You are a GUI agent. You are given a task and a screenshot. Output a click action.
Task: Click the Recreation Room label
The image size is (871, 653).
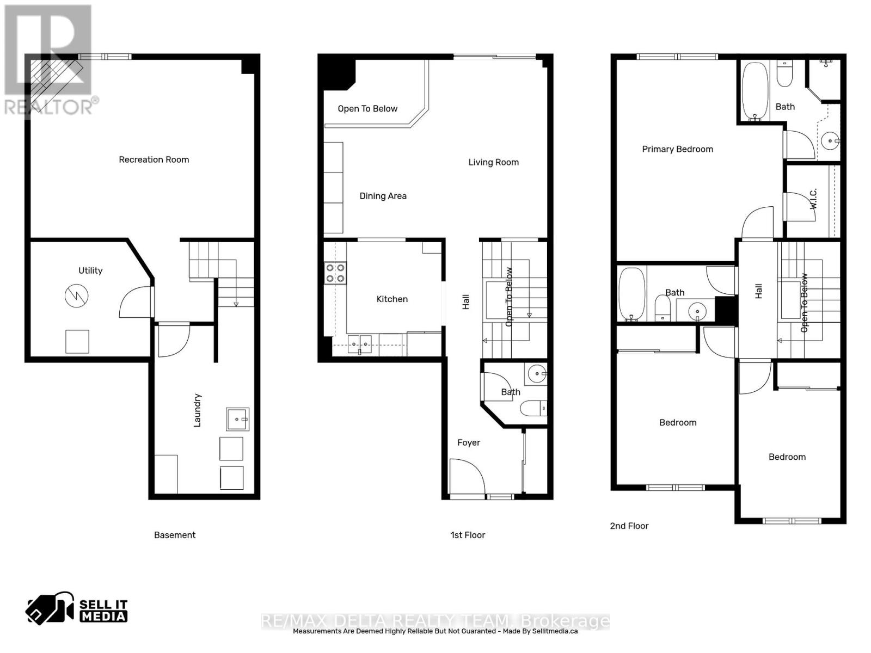pos(154,159)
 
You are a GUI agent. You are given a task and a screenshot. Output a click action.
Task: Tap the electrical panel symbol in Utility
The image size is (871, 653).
pos(76,296)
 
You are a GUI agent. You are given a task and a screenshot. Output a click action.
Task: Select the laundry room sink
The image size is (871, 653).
pos(238,419)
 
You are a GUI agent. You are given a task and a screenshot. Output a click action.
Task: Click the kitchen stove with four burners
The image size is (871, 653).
pos(335,273)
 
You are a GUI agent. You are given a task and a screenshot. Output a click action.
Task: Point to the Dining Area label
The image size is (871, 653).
pos(383,196)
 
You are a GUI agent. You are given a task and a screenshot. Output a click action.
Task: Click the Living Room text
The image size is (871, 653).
pos(493,162)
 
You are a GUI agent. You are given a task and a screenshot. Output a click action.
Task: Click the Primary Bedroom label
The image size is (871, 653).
pos(677,149)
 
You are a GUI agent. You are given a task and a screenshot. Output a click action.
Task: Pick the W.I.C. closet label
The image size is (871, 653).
pos(813,199)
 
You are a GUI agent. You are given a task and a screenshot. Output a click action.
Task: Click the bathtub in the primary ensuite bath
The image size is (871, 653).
pos(755,91)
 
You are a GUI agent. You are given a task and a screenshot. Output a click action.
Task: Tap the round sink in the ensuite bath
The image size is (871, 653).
pos(831,141)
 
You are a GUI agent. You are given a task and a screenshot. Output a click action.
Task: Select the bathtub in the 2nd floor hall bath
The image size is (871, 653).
pos(631,294)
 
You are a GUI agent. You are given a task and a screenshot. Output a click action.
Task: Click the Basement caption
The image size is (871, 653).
pos(175,535)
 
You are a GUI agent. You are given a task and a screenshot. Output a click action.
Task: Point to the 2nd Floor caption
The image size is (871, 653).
pos(629,526)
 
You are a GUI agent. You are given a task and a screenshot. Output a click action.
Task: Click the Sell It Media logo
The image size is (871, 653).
pos(77,610)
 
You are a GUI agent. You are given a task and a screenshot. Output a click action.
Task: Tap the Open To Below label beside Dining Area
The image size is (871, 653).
pos(367,109)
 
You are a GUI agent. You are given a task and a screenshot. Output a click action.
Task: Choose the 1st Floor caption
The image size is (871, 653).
pos(468,535)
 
